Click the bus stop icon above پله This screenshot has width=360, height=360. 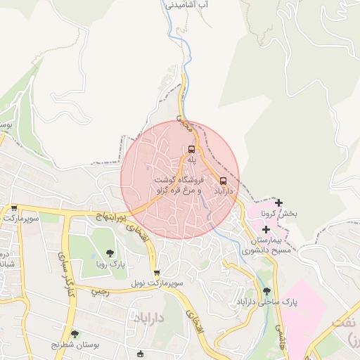tap(191, 149)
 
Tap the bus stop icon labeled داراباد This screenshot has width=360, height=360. tap(224, 180)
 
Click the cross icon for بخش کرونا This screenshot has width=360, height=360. tap(279, 203)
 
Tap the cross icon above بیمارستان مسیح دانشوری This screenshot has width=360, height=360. tap(266, 229)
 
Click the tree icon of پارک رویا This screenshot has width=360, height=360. tap(109, 253)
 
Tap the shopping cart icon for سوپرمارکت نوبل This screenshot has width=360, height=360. tap(156, 273)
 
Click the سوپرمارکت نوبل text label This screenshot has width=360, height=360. tap(156, 284)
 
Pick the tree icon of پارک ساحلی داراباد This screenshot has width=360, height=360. tap(266, 291)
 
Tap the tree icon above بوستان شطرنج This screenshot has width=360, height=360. tap(75, 334)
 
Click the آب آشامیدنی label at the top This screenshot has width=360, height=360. tap(186, 4)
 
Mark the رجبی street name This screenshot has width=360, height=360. tap(100, 291)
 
